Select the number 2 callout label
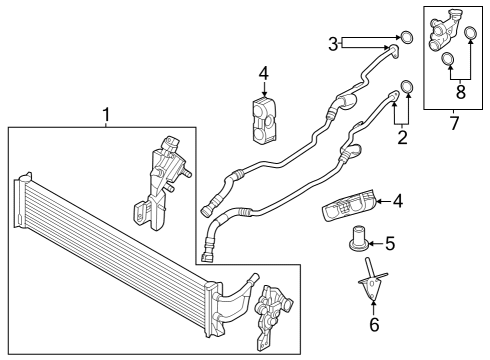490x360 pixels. (x=402, y=137)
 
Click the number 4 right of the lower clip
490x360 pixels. (x=397, y=201)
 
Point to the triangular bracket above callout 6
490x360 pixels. (x=372, y=285)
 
